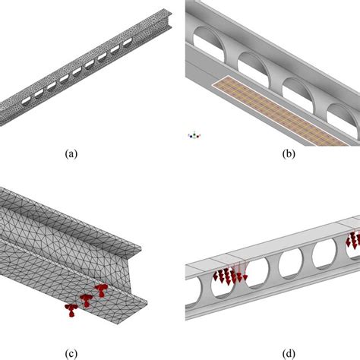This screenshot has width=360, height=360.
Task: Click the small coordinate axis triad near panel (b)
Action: tap(194, 136)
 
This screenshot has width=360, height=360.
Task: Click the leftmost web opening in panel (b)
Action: tap(210, 39)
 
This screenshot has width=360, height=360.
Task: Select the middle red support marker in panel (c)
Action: tap(87, 298)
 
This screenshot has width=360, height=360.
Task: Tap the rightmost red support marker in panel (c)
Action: tap(101, 289)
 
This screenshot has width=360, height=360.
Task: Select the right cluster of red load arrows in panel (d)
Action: tap(352, 242)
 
